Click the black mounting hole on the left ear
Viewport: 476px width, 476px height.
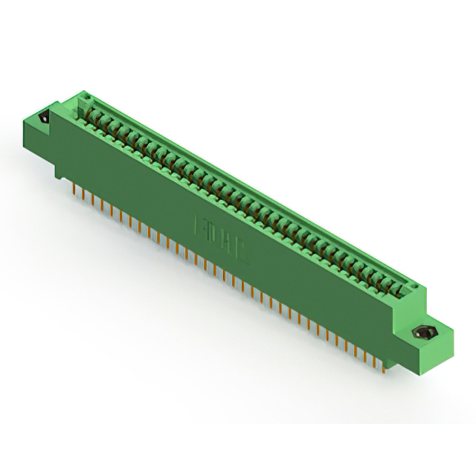click(43, 117)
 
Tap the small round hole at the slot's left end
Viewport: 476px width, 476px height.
click(84, 97)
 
